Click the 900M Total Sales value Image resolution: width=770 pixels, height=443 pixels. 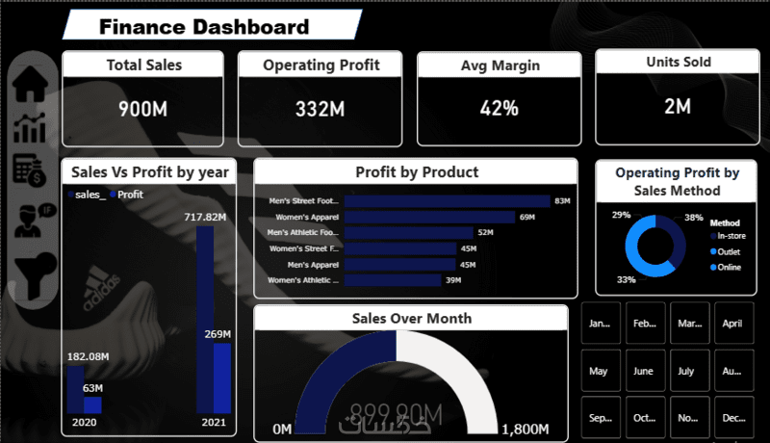click(x=142, y=109)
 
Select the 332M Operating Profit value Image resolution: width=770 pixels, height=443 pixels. click(x=320, y=109)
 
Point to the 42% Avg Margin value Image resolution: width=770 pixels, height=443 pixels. click(x=498, y=108)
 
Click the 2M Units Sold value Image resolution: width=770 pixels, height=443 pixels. click(x=678, y=106)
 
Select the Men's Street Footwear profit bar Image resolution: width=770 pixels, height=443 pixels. click(x=447, y=201)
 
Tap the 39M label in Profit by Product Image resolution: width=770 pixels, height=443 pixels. click(x=452, y=280)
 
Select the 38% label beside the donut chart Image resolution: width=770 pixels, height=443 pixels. click(x=693, y=218)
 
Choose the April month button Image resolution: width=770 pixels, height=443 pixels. click(x=731, y=324)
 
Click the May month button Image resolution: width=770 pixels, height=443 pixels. click(x=599, y=371)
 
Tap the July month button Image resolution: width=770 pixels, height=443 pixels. click(x=686, y=371)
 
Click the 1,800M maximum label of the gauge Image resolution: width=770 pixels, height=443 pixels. click(x=525, y=429)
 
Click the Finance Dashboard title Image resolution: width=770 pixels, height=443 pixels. click(x=204, y=27)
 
